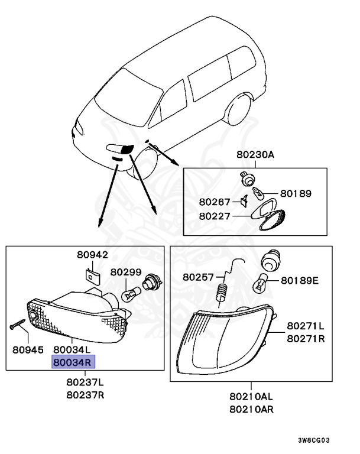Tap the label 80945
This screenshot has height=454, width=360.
click(28, 350)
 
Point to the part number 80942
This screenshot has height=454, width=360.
click(92, 255)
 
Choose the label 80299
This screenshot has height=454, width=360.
click(125, 273)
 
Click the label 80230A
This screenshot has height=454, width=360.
click(255, 155)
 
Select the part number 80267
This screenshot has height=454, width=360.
click(215, 201)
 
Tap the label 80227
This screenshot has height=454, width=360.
click(215, 216)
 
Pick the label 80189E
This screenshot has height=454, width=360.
click(299, 280)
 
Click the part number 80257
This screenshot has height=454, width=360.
click(198, 277)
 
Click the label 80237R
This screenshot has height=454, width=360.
click(85, 395)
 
